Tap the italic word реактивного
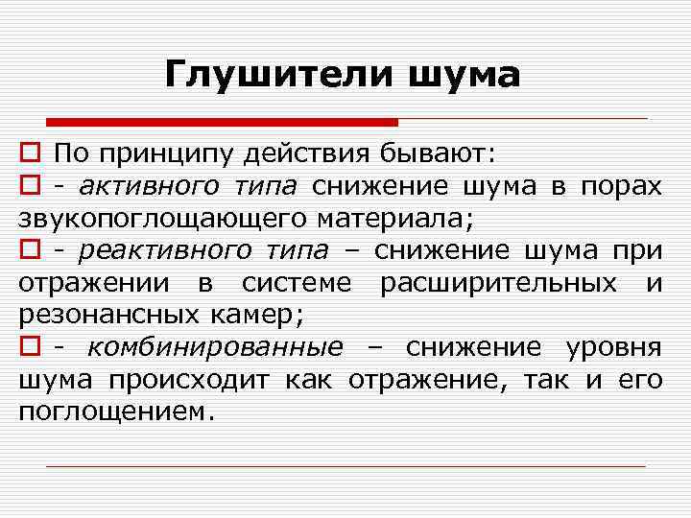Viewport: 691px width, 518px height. [x=159, y=251]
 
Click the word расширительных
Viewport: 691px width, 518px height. [x=498, y=284]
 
